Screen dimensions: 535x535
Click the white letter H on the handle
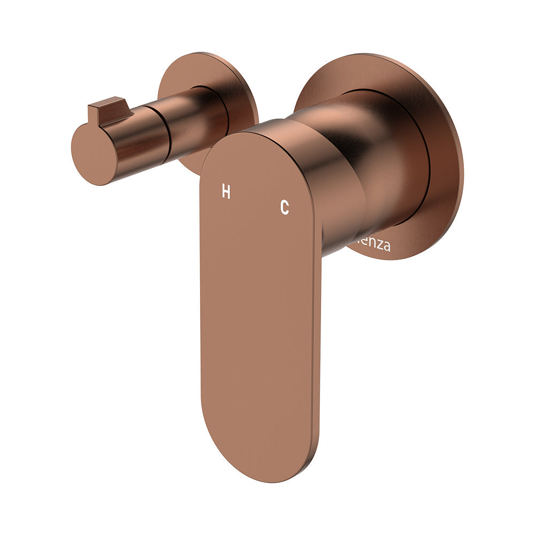pos(226,192)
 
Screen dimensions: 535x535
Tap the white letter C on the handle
pos(285,207)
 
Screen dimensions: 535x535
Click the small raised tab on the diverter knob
pos(109,110)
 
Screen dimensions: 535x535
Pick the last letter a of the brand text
pos(386,247)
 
